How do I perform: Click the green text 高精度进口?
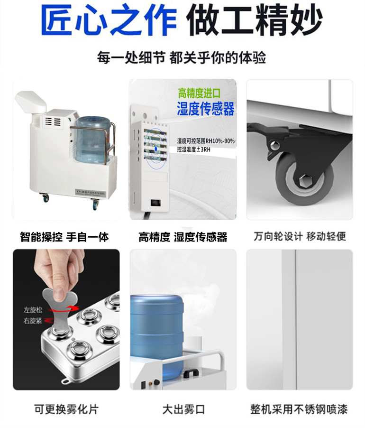click(x=199, y=93)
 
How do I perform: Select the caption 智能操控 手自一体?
click(x=64, y=237)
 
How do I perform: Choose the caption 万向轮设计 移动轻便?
click(x=300, y=236)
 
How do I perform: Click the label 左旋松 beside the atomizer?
click(x=33, y=310)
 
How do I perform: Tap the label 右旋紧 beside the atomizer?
click(x=33, y=321)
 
